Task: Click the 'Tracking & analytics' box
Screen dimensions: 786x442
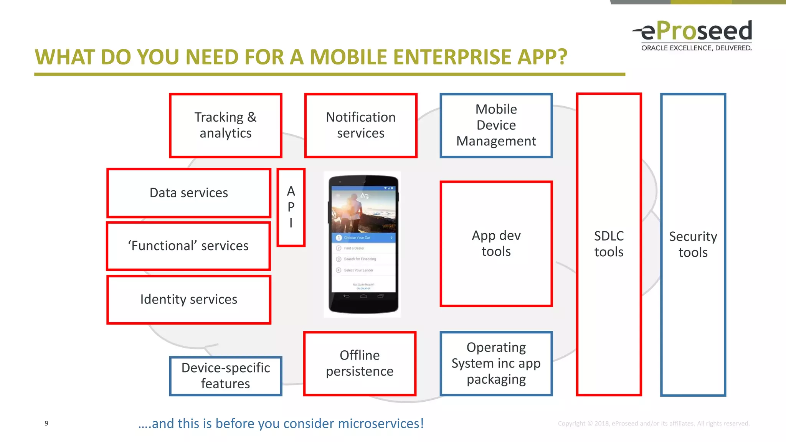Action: [226, 125]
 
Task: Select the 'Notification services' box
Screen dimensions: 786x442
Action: [361, 125]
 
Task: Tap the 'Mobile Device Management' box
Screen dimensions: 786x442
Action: [496, 125]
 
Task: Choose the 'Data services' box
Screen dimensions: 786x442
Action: [189, 193]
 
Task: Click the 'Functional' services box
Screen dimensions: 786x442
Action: [188, 246]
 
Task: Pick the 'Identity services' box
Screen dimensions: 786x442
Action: [189, 299]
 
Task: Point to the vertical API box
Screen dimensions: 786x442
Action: [291, 207]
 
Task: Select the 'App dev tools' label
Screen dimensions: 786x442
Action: [496, 243]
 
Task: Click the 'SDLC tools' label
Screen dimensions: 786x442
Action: [609, 244]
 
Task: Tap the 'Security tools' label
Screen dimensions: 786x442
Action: [693, 244]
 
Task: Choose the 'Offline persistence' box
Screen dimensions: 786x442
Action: [360, 363]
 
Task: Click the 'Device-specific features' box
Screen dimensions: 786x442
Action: [226, 376]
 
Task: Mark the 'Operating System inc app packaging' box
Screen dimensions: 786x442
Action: [496, 363]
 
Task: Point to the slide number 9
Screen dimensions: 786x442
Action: [46, 423]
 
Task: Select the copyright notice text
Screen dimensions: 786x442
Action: [653, 424]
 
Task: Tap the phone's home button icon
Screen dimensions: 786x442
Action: [363, 296]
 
